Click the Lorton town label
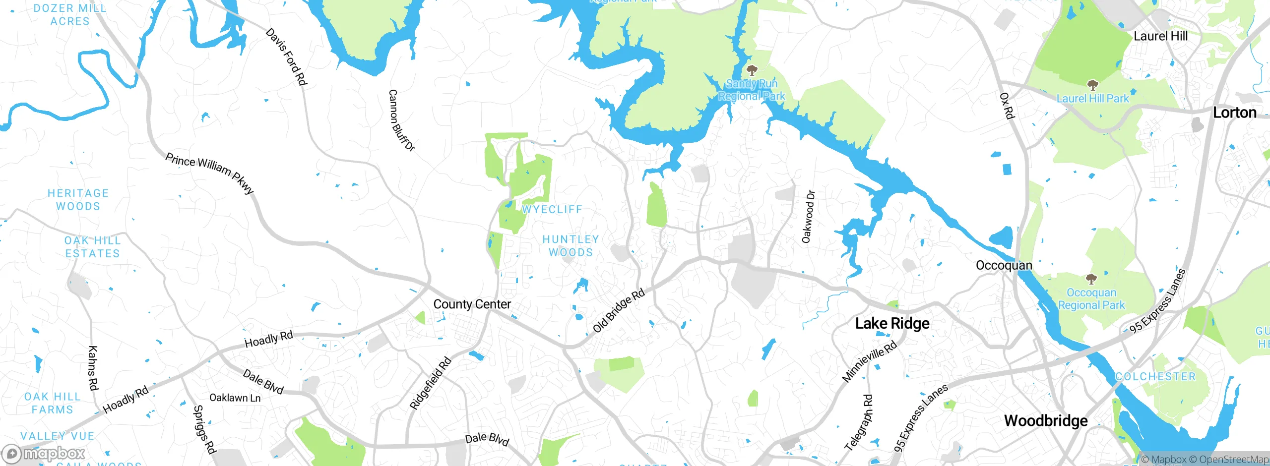tap(1234, 113)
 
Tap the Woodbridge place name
tap(1046, 421)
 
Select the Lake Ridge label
tap(892, 324)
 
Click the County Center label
tap(472, 304)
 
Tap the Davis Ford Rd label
tap(287, 57)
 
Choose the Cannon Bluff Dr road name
tap(401, 120)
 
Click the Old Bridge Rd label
tap(619, 310)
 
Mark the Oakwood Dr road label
tap(808, 217)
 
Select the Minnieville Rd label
tap(869, 361)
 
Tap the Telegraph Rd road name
tap(858, 422)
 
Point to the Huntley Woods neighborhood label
tap(571, 246)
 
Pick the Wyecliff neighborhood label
tap(552, 210)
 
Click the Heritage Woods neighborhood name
tap(78, 200)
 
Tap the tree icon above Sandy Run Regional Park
tap(752, 70)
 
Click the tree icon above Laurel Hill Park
tap(1092, 85)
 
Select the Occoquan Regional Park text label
tap(1091, 299)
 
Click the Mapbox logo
tap(43, 454)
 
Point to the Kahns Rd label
tap(93, 368)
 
